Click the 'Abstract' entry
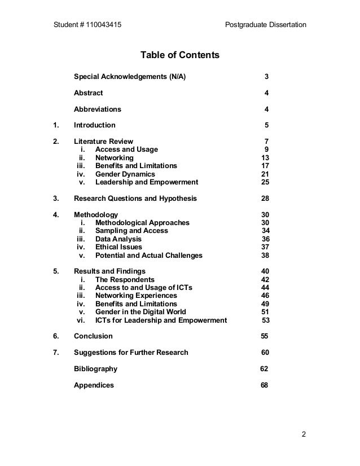point(88,93)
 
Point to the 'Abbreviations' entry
point(97,109)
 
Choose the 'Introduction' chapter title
point(94,125)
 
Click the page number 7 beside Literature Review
point(266,142)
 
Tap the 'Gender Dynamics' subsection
point(125,174)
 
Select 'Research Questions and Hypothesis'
point(135,199)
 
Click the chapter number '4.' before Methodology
point(56,215)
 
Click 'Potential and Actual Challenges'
point(148,256)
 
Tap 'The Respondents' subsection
point(125,280)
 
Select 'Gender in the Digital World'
point(141,312)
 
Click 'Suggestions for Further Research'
point(131,353)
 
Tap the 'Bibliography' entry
point(95,369)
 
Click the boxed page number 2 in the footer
point(304,434)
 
